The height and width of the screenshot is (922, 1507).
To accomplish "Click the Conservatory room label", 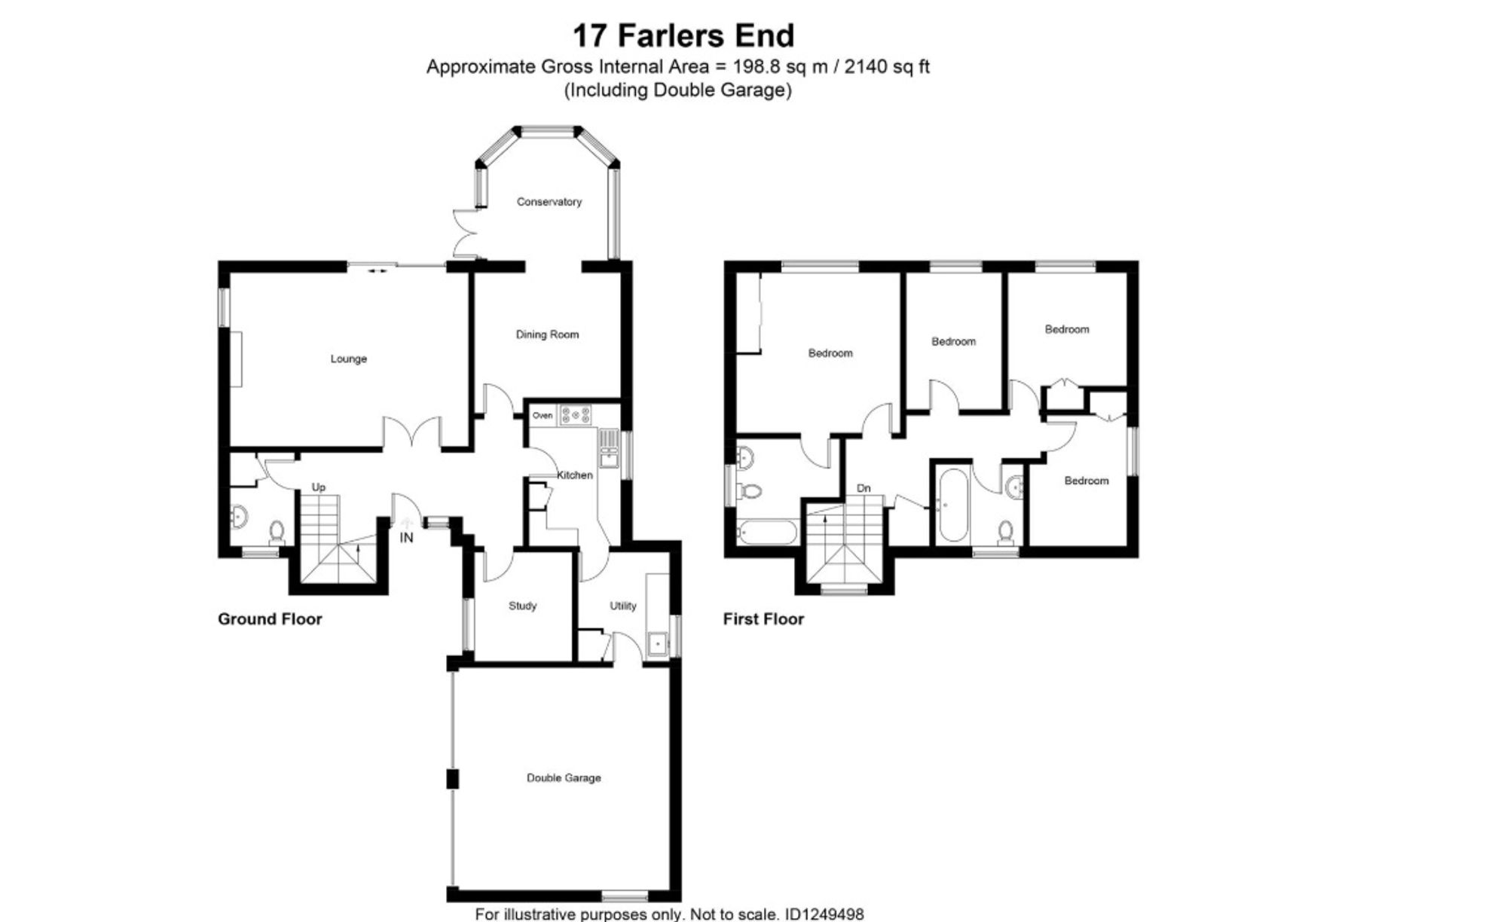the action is (549, 202).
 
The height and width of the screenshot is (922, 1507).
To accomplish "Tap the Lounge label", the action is (348, 359).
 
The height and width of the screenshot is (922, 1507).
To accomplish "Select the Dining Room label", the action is (547, 334).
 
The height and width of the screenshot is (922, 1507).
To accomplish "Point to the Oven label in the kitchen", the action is (543, 416).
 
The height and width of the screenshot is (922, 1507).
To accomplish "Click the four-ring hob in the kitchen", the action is (576, 414).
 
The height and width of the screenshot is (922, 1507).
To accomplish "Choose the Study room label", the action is (522, 606).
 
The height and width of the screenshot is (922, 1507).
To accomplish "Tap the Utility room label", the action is (623, 606).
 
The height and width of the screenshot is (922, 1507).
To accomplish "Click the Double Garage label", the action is (564, 778).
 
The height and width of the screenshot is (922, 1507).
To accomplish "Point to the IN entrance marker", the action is (406, 538).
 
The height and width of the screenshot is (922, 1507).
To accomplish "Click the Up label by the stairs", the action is (319, 488).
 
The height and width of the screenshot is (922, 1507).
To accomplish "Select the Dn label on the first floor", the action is (864, 488).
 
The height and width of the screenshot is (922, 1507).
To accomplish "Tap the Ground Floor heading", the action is (270, 619).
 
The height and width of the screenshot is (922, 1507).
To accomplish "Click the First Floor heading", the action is (763, 619).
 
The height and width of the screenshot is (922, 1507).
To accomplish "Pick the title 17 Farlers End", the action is (683, 35).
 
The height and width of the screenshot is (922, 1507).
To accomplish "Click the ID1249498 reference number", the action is (824, 914).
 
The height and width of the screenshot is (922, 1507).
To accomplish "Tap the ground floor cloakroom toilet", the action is (277, 532).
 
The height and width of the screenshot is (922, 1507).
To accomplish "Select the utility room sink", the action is (658, 645).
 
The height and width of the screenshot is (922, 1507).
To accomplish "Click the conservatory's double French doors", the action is (465, 233).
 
